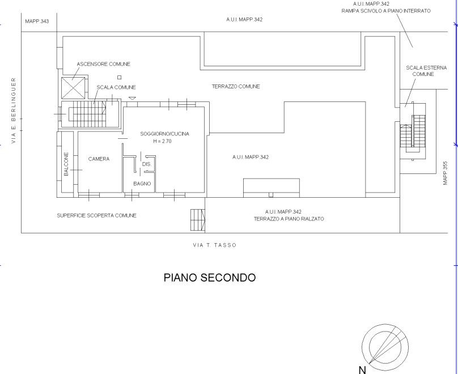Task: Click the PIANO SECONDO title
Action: coord(209,277)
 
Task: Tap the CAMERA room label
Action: coord(99,159)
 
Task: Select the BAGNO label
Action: coord(142,184)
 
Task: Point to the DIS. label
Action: coord(147,164)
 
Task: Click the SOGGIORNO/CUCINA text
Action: coord(165,134)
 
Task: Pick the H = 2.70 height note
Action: coord(163,141)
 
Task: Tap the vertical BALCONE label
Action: coord(66,164)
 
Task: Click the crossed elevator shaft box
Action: coord(73,88)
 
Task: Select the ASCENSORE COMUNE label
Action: coord(103,64)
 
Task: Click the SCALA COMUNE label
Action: coord(116,87)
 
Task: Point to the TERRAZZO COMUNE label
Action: coord(236,87)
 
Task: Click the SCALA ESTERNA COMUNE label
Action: coord(426,71)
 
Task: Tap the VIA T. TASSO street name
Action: coord(215,245)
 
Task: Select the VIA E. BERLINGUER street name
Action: coord(14,110)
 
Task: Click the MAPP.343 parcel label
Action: coord(37,22)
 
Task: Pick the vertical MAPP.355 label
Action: coord(445,173)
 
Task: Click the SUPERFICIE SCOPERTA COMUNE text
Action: coord(97,215)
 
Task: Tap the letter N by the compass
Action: coord(362,370)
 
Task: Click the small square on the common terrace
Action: coord(119,78)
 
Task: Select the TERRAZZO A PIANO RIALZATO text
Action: coord(289,219)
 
